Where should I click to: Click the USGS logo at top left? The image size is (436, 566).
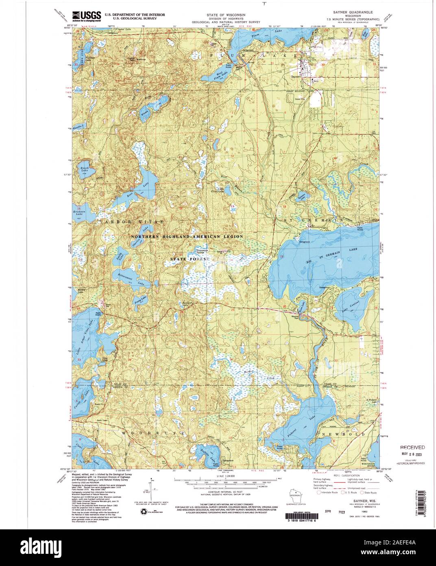(x=86, y=15)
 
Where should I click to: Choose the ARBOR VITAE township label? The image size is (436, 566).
(x=134, y=222)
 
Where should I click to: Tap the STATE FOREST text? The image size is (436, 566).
(x=190, y=259)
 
